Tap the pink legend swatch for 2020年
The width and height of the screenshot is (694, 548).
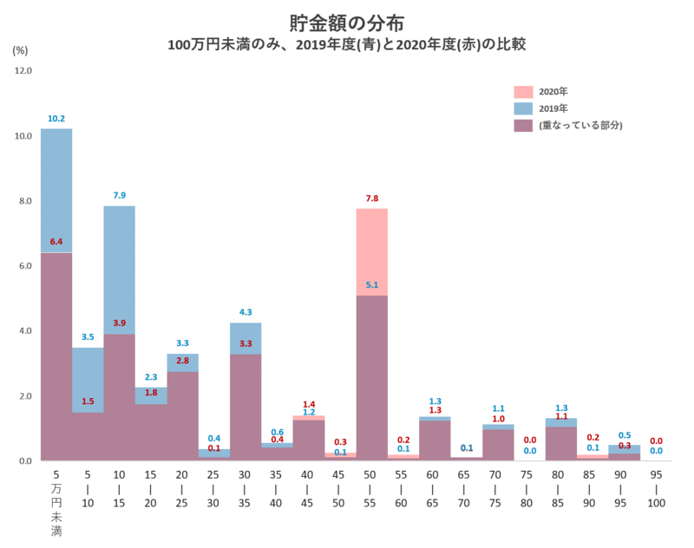click(523, 92)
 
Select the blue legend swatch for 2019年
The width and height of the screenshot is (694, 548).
click(523, 109)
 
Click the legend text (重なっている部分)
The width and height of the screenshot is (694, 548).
click(580, 126)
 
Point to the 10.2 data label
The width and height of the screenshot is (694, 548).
click(56, 119)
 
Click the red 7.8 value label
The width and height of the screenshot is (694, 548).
click(371, 199)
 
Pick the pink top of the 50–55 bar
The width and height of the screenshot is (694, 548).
click(371, 251)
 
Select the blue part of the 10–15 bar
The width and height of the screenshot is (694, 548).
click(119, 269)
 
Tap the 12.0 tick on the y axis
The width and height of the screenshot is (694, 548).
click(23, 71)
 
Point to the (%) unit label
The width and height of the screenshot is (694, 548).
click(20, 50)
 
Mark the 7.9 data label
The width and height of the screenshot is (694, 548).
click(119, 196)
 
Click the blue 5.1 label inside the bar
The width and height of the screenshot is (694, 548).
click(371, 284)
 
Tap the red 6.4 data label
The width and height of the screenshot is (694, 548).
click(56, 243)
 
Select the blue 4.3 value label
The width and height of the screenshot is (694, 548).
click(246, 313)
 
